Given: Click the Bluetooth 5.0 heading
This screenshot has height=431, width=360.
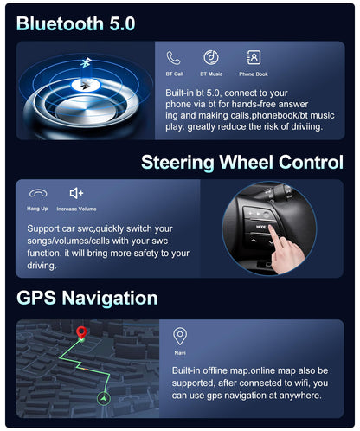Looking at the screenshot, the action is point(75,23).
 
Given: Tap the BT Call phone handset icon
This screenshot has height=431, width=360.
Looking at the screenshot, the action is point(173,58).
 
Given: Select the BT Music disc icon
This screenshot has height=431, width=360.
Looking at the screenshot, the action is point(211,57).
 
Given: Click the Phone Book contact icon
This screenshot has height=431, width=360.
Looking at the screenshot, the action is point(254,57).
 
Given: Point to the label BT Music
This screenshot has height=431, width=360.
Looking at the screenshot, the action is point(211,74).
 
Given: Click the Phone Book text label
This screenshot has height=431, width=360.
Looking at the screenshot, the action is point(254,74).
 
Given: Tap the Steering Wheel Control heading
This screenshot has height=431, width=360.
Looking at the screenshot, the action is point(242,162).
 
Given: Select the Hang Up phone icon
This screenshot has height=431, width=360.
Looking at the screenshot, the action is point(38,193).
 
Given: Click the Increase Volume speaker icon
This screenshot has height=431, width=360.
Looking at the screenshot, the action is point(76,193).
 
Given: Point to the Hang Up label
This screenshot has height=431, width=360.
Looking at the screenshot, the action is point(37,209).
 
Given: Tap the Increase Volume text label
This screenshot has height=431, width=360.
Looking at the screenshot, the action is point(76,209).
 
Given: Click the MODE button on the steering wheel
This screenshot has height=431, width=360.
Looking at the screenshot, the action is point(260,228).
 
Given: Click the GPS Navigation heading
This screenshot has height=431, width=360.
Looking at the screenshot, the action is point(87,298).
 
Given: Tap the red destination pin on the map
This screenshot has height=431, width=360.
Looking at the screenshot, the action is point(81,332).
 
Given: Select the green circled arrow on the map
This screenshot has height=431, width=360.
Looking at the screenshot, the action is point(104,398).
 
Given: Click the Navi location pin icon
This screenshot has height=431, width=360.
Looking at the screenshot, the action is point(180,336).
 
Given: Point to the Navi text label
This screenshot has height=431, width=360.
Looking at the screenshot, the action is point(180,353).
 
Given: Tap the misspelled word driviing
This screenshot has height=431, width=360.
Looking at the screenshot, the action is point(306,126).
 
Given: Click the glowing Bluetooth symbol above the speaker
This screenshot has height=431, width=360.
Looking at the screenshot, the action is point(86,62).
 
